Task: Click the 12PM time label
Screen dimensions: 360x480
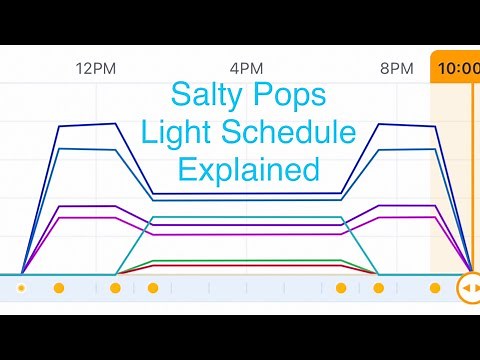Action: pos(96,69)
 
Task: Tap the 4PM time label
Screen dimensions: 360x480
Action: pos(246,69)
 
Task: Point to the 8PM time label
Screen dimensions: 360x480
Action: pos(397,69)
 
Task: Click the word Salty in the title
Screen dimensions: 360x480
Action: pos(207,98)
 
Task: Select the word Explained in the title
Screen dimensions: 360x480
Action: pos(246,168)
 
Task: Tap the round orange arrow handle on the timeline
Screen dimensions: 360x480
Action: pos(468,288)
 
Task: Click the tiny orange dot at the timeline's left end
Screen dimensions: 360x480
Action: pos(21,288)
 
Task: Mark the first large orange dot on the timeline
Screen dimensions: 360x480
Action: pos(59,288)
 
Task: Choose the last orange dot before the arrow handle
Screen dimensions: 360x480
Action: pos(435,288)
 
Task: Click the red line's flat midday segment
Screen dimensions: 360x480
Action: pos(246,267)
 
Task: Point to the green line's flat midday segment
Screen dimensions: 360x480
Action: pos(246,261)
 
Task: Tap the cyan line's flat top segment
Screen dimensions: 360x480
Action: pos(246,217)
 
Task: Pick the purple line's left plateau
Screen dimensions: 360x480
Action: pos(88,206)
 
